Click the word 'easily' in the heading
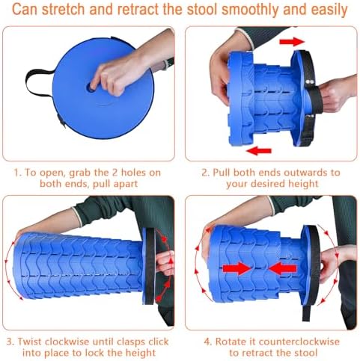point(329,10)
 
